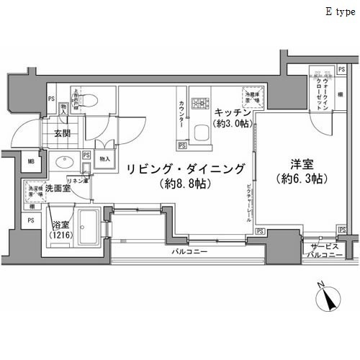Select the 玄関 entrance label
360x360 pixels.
(x=60, y=133)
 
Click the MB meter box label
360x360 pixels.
(x=31, y=162)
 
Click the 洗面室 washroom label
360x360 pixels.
(x=57, y=189)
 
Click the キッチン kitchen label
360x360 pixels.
(x=232, y=113)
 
